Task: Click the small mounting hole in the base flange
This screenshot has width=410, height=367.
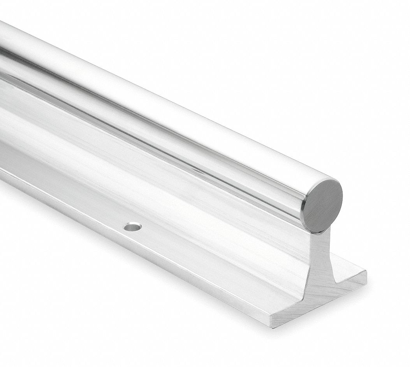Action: tap(133, 226)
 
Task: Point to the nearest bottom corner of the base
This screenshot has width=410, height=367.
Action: tap(272, 326)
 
